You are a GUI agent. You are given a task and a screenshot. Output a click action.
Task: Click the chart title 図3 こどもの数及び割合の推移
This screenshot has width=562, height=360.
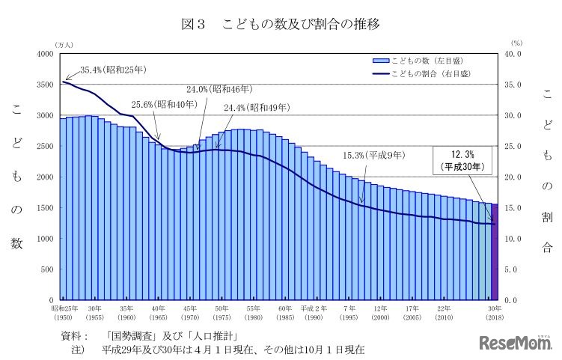coord(281,25)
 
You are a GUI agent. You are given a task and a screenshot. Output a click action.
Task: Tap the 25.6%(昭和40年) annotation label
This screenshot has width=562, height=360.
coord(165,105)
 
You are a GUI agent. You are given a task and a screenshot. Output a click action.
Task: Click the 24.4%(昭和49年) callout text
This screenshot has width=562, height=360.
coord(256,108)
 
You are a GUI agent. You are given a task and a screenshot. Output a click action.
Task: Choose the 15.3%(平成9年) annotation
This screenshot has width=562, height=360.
coord(373,156)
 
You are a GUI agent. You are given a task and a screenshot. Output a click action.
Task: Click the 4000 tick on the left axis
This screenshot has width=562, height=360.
coord(43,54)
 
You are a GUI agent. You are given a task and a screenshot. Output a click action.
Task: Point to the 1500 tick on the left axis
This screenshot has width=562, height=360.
coord(43,207)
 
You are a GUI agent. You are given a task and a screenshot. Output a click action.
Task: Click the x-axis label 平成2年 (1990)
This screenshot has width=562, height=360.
coord(317,313)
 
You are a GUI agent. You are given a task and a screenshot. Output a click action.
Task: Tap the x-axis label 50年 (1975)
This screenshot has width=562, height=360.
coord(222,313)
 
